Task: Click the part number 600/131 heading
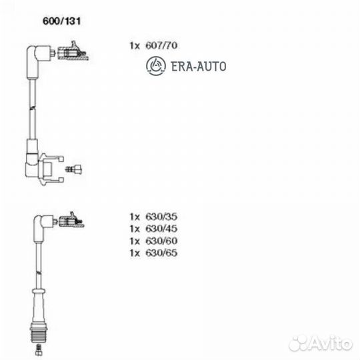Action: pyautogui.click(x=61, y=21)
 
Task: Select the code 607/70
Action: pyautogui.click(x=161, y=45)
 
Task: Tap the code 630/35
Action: pyautogui.click(x=161, y=217)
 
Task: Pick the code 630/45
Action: pyautogui.click(x=161, y=229)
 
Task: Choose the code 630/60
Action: pyautogui.click(x=161, y=241)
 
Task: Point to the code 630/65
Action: pyautogui.click(x=161, y=253)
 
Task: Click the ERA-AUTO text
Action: pyautogui.click(x=199, y=67)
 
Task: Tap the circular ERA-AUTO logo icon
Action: pyautogui.click(x=155, y=65)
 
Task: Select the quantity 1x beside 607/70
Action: pyautogui.click(x=135, y=46)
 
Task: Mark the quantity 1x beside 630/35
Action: pyautogui.click(x=135, y=217)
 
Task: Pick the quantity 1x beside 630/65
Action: pyautogui.click(x=135, y=253)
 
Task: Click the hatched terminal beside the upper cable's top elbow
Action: pyautogui.click(x=73, y=53)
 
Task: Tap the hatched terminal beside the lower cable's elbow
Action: pyautogui.click(x=71, y=221)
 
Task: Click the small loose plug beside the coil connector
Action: pyautogui.click(x=74, y=169)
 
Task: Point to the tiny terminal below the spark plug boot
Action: pyautogui.click(x=39, y=350)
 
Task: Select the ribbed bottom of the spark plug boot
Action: pyautogui.click(x=39, y=332)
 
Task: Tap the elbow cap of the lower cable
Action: pyautogui.click(x=43, y=228)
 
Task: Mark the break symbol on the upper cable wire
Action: pyautogui.click(x=33, y=107)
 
